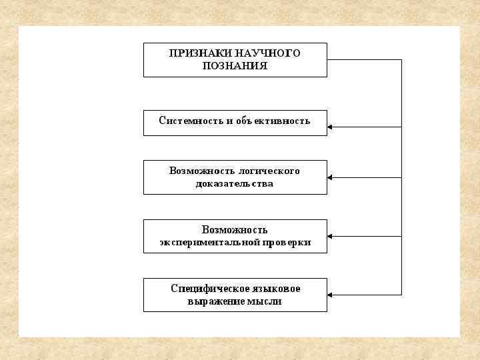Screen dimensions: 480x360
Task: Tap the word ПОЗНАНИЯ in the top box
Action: coord(235,66)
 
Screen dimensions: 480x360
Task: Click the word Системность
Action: coord(187,121)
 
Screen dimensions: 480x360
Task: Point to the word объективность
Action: coord(273,121)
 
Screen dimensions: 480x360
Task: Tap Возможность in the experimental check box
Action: coord(235,230)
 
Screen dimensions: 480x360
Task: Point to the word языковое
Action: coord(277,289)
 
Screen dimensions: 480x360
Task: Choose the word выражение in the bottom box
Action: coord(215,301)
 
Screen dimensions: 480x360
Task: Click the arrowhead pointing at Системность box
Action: coord(331,127)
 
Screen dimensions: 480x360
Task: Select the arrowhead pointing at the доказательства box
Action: coord(331,177)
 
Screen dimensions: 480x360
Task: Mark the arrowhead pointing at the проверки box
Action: coord(331,236)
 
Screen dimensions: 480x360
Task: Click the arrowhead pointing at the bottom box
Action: coord(331,295)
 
